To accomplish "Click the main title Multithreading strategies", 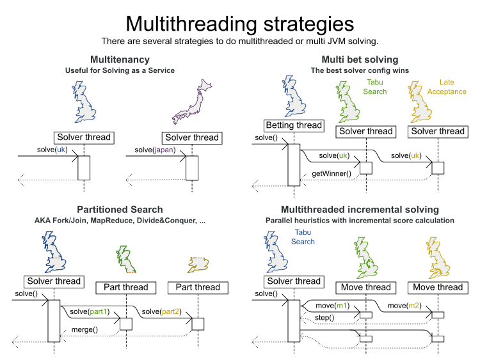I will point(240,23).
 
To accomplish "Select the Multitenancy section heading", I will point(120,59).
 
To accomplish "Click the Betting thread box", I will point(294,125).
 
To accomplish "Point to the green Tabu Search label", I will point(376,87).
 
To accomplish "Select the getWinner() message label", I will point(332,173).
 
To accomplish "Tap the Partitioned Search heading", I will point(120,209).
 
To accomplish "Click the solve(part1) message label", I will point(89,311).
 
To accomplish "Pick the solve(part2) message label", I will point(163,311).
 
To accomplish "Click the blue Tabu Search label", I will point(303,237).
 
